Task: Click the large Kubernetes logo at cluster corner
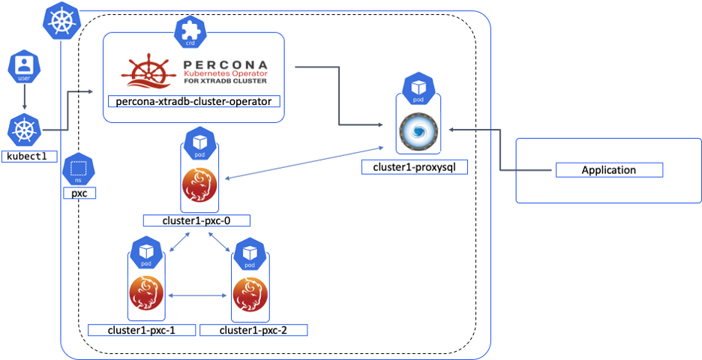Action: (x=60, y=20)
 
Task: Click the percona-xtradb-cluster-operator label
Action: (x=193, y=101)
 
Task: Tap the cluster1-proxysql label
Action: (x=414, y=166)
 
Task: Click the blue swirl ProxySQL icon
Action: (x=414, y=130)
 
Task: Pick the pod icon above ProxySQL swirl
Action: (x=415, y=88)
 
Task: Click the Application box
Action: (x=608, y=170)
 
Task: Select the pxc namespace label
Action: (x=79, y=193)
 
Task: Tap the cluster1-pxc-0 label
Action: (x=196, y=220)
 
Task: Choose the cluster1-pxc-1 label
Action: (x=142, y=330)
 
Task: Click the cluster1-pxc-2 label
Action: (x=253, y=330)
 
